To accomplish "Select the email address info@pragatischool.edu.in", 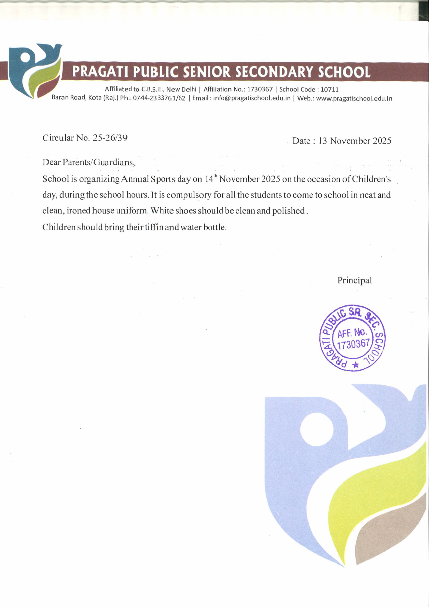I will pos(252,98).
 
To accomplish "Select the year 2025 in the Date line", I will pos(382,141).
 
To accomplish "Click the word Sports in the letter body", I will pos(161,179).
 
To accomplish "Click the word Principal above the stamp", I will pos(354,280).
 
